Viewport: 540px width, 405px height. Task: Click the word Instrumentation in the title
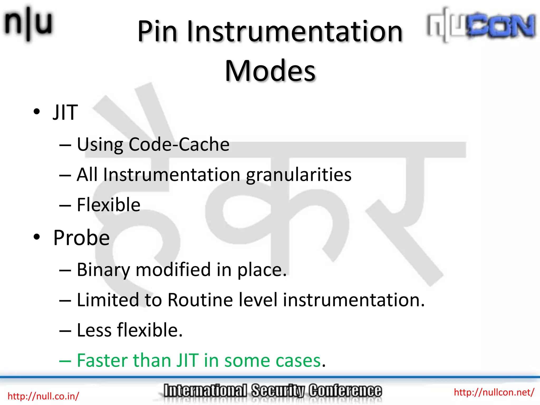(x=295, y=32)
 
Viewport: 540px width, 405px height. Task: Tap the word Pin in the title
(x=157, y=32)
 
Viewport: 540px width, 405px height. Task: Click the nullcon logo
(x=481, y=25)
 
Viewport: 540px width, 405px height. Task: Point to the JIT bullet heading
(x=65, y=113)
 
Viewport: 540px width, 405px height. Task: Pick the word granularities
(x=298, y=175)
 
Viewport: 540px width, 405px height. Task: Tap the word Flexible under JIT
(x=108, y=205)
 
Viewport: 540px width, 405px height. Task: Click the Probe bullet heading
(x=81, y=238)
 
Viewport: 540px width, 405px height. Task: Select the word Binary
(x=103, y=270)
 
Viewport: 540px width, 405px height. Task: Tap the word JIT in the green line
(x=187, y=360)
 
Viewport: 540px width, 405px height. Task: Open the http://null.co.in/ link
(x=43, y=396)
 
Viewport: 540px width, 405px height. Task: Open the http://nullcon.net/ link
(x=494, y=392)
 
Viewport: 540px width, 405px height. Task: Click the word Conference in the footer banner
(x=345, y=391)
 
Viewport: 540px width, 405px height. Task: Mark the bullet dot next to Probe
(x=37, y=237)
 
